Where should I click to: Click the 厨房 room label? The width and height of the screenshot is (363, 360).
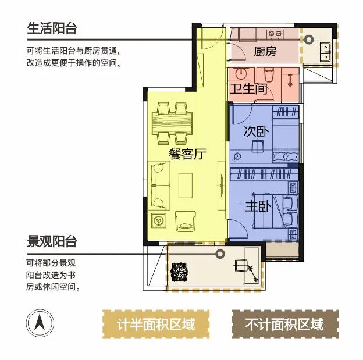tap(265, 51)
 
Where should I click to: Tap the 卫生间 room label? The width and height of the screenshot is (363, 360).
tap(248, 88)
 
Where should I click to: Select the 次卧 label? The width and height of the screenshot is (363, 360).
tap(256, 131)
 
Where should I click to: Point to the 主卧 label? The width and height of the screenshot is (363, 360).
tap(258, 206)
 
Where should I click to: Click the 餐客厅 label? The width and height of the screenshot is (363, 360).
tap(187, 154)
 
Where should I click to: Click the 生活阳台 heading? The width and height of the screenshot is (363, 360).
tap(52, 28)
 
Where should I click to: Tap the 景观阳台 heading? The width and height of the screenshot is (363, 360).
tap(52, 241)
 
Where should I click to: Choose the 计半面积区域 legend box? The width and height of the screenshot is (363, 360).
tap(156, 324)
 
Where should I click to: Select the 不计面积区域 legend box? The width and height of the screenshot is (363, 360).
tap(284, 324)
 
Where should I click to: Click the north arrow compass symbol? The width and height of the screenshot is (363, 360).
tap(40, 323)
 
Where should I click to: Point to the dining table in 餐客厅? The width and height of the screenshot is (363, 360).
tap(172, 123)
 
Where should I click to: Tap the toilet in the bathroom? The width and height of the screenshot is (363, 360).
tap(269, 74)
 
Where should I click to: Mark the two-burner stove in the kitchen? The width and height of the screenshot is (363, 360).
tap(275, 34)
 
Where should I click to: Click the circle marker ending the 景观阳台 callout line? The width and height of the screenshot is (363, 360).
tap(220, 254)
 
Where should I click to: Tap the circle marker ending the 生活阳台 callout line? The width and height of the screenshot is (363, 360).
tap(308, 40)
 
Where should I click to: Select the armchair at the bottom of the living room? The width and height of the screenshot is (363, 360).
tap(186, 222)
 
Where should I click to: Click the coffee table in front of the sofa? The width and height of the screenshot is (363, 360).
tap(186, 186)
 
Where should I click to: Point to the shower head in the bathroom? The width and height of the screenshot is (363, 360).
tap(290, 80)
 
